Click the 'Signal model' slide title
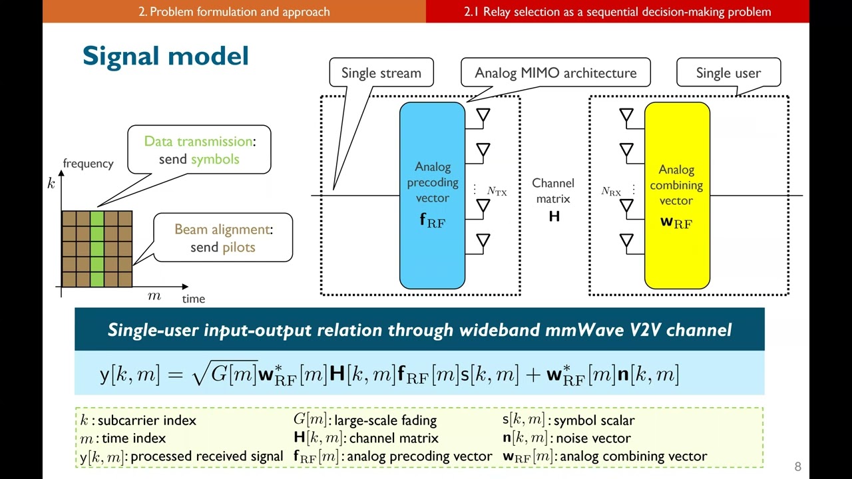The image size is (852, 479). click(x=165, y=56)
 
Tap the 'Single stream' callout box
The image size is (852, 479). click(x=381, y=73)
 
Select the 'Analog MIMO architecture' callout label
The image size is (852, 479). click(x=555, y=73)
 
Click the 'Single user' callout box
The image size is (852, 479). click(x=728, y=73)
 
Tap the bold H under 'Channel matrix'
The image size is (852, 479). click(x=554, y=216)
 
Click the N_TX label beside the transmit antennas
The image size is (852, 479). click(x=497, y=192)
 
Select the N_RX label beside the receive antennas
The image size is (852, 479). click(x=610, y=192)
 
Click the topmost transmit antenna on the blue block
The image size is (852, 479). click(x=483, y=116)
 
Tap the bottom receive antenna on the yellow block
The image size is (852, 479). click(x=626, y=241)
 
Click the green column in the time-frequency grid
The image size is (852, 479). click(x=97, y=249)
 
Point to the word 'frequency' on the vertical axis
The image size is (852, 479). click(x=88, y=164)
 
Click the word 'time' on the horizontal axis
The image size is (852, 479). click(x=194, y=299)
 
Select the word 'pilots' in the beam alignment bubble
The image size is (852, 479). click(x=238, y=247)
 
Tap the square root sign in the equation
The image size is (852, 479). click(x=200, y=375)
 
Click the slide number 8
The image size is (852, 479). click(x=797, y=466)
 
